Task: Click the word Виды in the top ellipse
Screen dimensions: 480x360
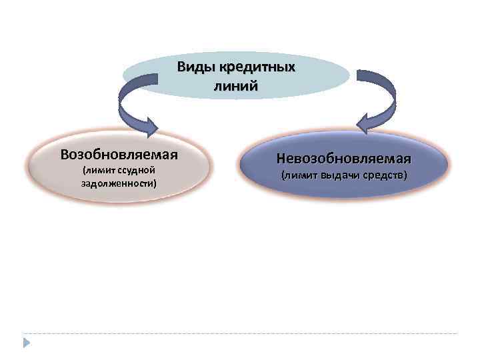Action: click(x=193, y=67)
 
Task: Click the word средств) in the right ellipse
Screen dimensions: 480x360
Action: click(x=382, y=176)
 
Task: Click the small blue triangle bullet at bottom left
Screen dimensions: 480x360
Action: click(x=26, y=342)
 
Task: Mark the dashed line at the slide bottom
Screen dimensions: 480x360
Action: click(x=240, y=333)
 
